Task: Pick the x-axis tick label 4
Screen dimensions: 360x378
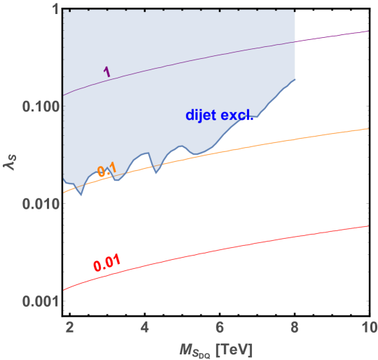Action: coord(144,326)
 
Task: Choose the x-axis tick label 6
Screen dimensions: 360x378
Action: coord(220,326)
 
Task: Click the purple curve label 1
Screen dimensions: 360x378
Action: coord(106,71)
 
